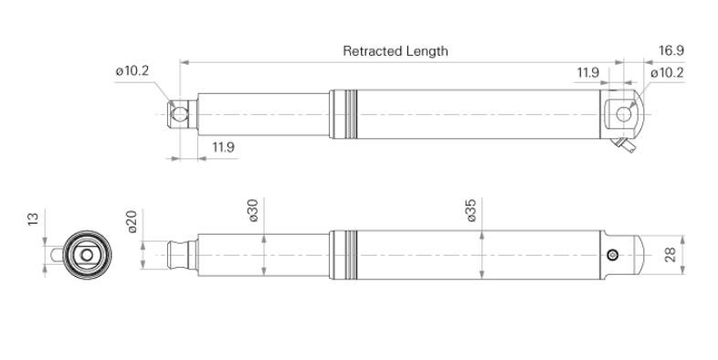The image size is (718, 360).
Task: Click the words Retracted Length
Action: (396, 51)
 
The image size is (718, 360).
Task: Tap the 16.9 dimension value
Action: (671, 50)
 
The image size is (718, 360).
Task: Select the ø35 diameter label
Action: (471, 210)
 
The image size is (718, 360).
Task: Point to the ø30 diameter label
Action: (253, 210)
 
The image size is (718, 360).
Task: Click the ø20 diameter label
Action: (132, 222)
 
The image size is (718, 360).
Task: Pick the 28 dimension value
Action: (670, 255)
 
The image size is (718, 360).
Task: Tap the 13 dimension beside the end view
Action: (33, 219)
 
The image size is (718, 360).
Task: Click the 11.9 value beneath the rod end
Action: (223, 147)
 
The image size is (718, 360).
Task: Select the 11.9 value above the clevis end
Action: (588, 72)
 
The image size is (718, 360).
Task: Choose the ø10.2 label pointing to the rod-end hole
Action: (132, 71)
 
